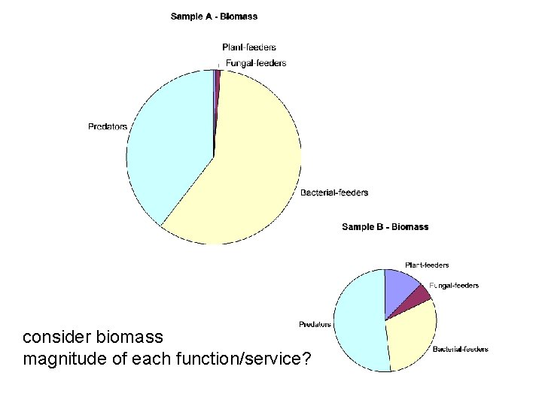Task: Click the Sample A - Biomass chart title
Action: tap(214, 16)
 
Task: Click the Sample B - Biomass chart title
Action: tap(385, 226)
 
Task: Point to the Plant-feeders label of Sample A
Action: tap(249, 47)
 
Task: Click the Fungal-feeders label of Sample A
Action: tap(256, 63)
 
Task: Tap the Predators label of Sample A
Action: tap(108, 126)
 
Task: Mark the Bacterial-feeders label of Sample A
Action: tap(334, 192)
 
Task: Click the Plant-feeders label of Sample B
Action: tap(427, 265)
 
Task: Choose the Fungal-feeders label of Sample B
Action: tap(454, 286)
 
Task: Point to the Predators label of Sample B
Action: tap(315, 325)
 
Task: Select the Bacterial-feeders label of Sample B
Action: tap(460, 349)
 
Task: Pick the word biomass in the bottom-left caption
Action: tap(127, 336)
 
